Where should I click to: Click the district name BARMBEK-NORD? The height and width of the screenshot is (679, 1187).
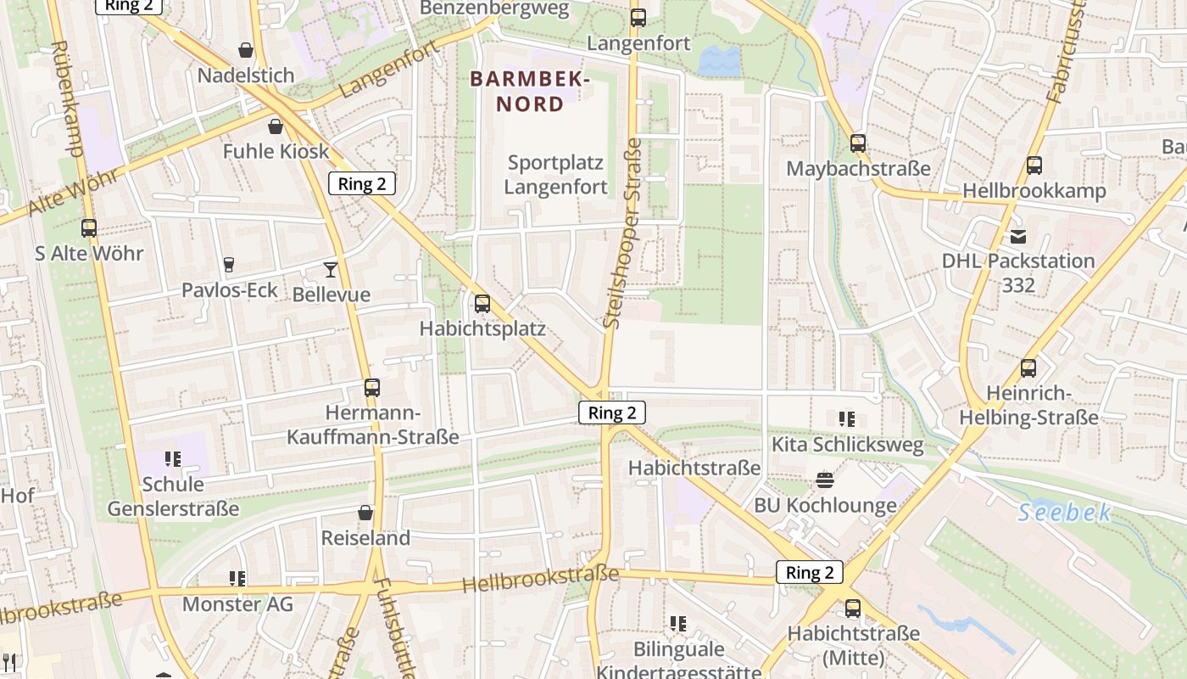(530, 92)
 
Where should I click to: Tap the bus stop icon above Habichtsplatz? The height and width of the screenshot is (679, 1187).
(482, 303)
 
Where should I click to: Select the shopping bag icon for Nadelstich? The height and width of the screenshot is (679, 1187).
(246, 51)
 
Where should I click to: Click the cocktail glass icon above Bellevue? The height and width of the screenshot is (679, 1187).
(331, 270)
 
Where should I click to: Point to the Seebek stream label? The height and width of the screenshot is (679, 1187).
(1064, 513)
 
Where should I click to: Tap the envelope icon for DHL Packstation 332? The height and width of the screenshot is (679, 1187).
(1017, 236)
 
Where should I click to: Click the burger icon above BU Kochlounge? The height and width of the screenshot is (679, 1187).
(825, 480)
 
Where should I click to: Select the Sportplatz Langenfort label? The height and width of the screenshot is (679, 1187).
(556, 175)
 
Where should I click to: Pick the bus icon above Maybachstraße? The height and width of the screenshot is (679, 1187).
(858, 143)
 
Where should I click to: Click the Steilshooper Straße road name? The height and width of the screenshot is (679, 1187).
(623, 233)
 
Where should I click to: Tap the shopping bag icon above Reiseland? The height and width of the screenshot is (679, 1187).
(365, 513)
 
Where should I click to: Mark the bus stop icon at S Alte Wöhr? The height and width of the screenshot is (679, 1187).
(89, 227)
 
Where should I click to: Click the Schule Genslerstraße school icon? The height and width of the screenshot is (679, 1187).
(173, 459)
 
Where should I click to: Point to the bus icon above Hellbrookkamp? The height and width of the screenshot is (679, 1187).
(1034, 165)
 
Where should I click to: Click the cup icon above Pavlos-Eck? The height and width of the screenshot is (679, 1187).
(228, 265)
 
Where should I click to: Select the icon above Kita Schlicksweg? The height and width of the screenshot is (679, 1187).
(846, 418)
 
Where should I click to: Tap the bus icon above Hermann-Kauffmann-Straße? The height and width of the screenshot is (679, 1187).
(372, 388)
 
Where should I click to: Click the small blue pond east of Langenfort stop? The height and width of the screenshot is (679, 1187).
(719, 60)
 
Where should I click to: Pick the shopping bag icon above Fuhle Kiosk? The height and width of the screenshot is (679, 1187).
(276, 126)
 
